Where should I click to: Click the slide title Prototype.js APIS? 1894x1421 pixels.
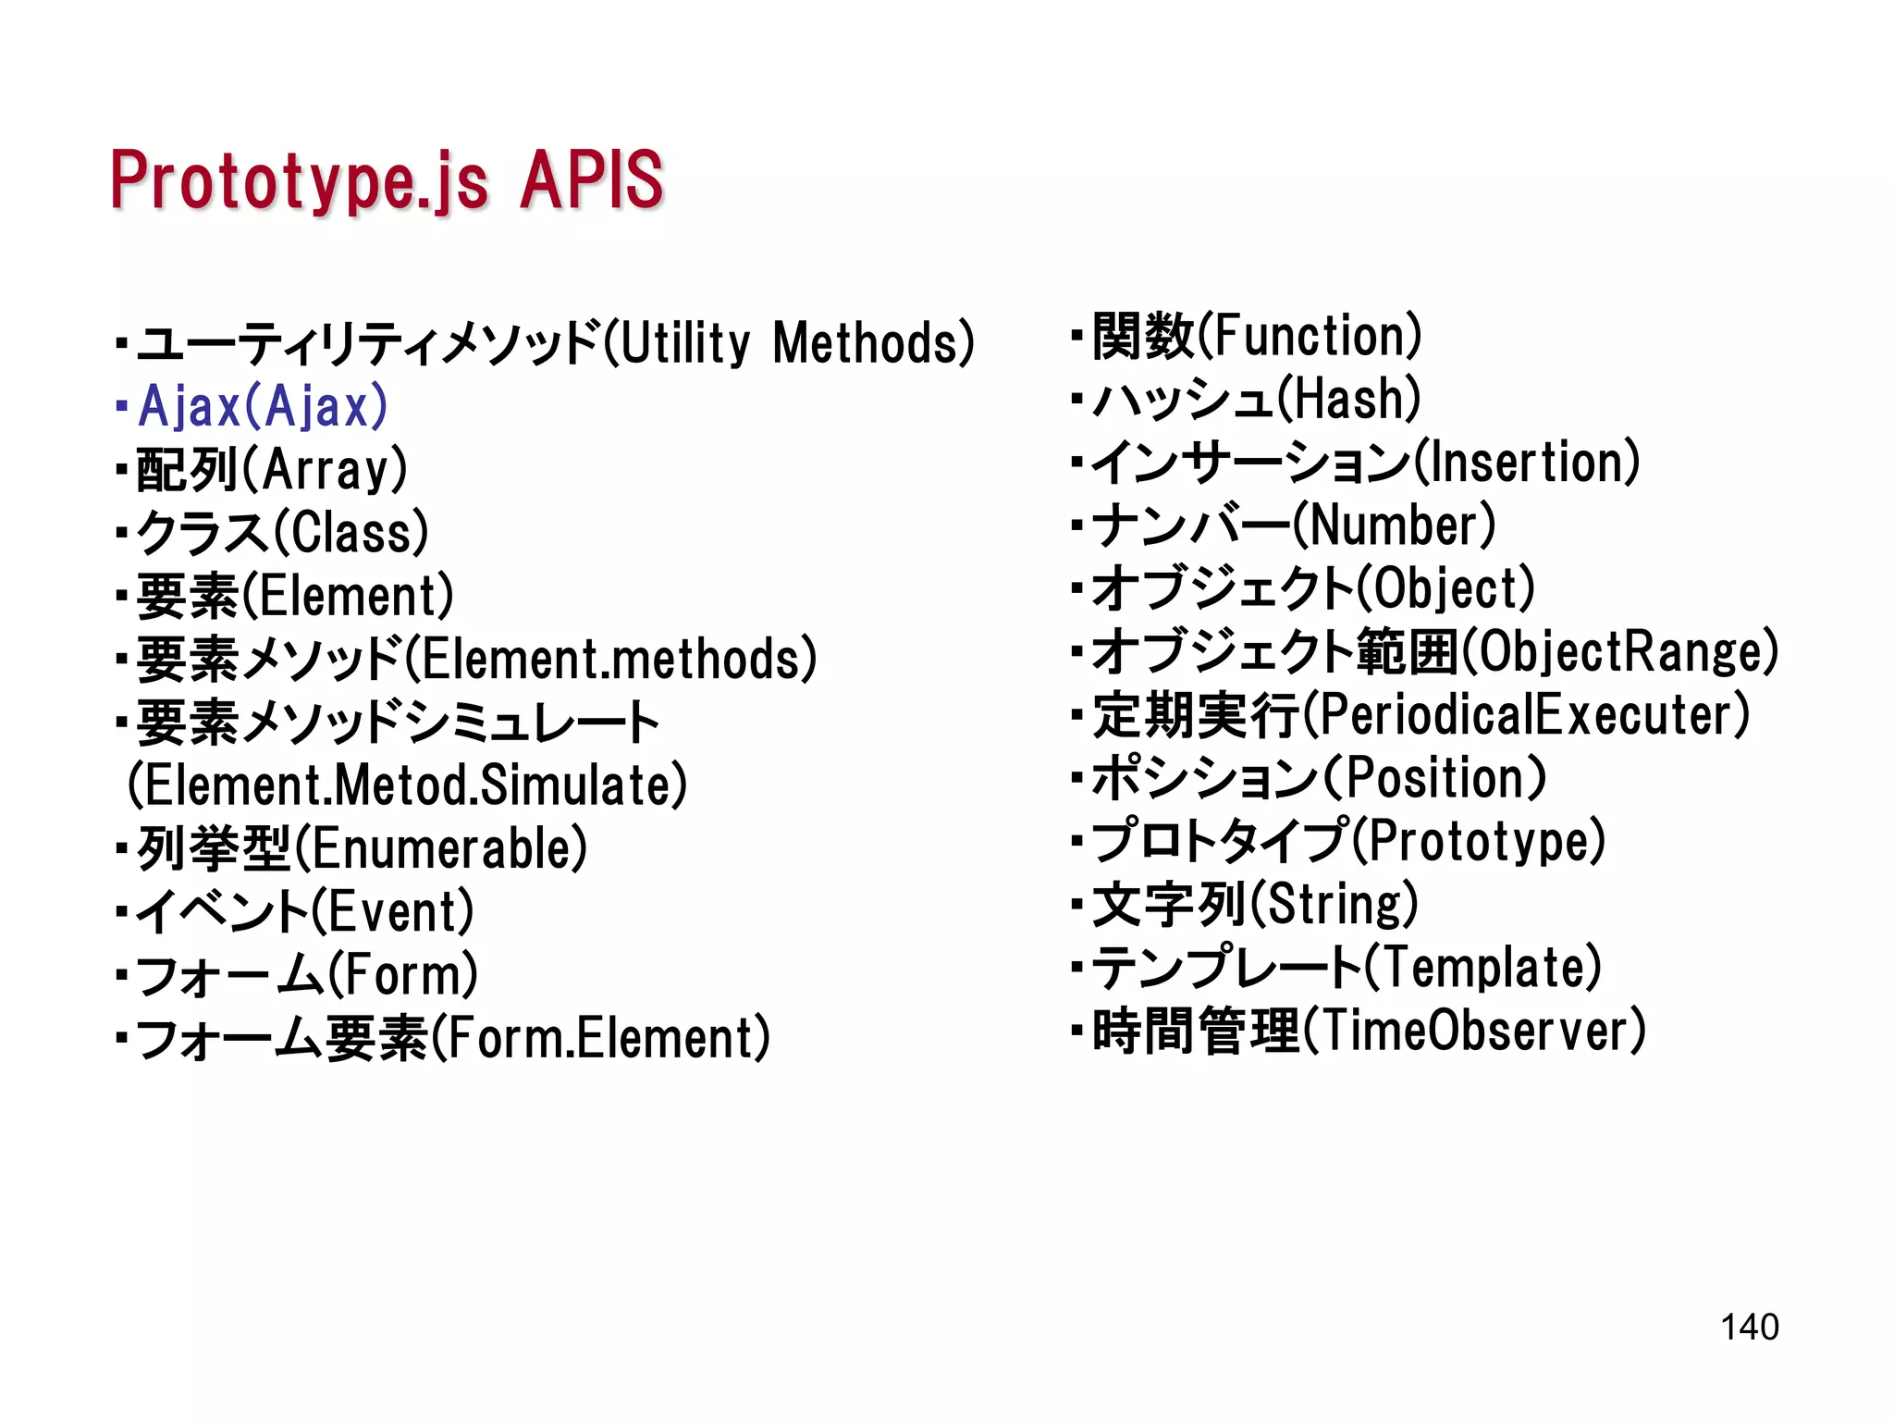coord(387,180)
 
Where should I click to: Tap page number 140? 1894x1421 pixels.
coord(1749,1327)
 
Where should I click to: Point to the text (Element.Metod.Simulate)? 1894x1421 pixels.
coord(407,785)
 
